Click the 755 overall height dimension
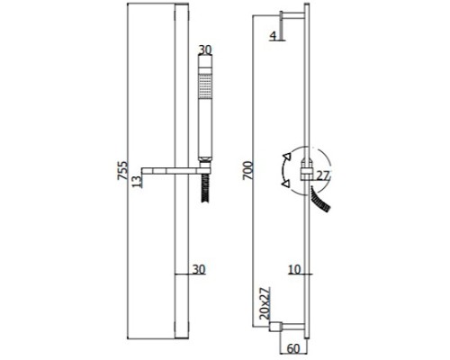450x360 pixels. coord(122,170)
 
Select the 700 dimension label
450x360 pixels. coord(247,170)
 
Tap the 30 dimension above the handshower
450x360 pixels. coord(205,49)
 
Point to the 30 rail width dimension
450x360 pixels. coord(199,269)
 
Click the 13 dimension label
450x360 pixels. coord(136,182)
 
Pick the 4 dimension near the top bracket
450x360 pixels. coord(273,36)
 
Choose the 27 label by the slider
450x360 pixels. coord(323,175)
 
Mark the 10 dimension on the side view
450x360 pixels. coord(294,269)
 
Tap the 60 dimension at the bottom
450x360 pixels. coord(293,348)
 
